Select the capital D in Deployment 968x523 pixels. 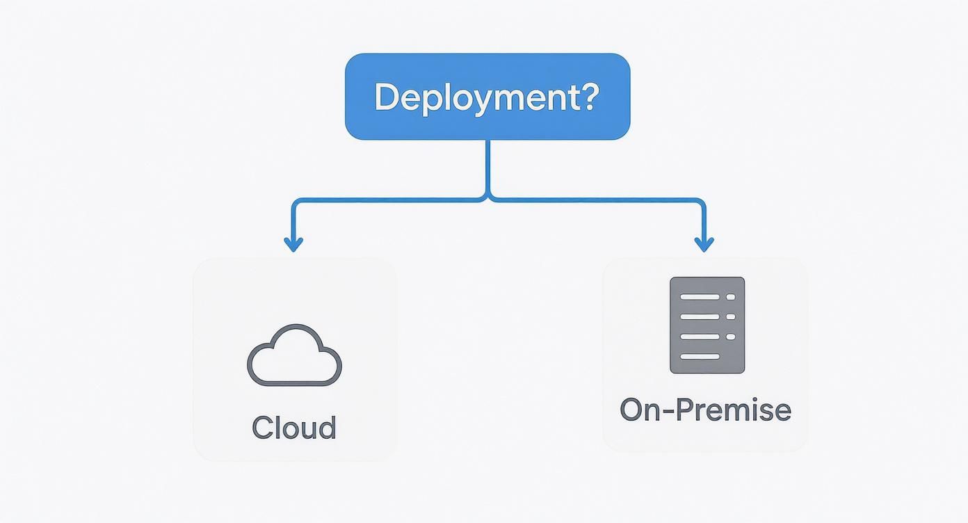pyautogui.click(x=387, y=97)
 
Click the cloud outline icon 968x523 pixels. pyautogui.click(x=294, y=355)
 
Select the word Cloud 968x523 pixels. pyautogui.click(x=294, y=428)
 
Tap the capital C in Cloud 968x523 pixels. pyautogui.click(x=262, y=428)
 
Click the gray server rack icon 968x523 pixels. pyautogui.click(x=707, y=325)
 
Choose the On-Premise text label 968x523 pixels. pyautogui.click(x=705, y=410)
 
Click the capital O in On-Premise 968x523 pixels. pyautogui.click(x=631, y=410)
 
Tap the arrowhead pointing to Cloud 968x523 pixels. pyautogui.click(x=293, y=244)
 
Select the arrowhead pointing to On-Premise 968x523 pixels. pyautogui.click(x=704, y=244)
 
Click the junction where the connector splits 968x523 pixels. pyautogui.click(x=488, y=199)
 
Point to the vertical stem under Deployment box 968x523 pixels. pyautogui.click(x=488, y=167)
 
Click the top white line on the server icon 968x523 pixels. pyautogui.click(x=700, y=296)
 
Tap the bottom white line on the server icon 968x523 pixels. pyautogui.click(x=700, y=357)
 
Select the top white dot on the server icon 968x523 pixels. pyautogui.click(x=730, y=296)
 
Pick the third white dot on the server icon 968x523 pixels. pyautogui.click(x=730, y=337)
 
